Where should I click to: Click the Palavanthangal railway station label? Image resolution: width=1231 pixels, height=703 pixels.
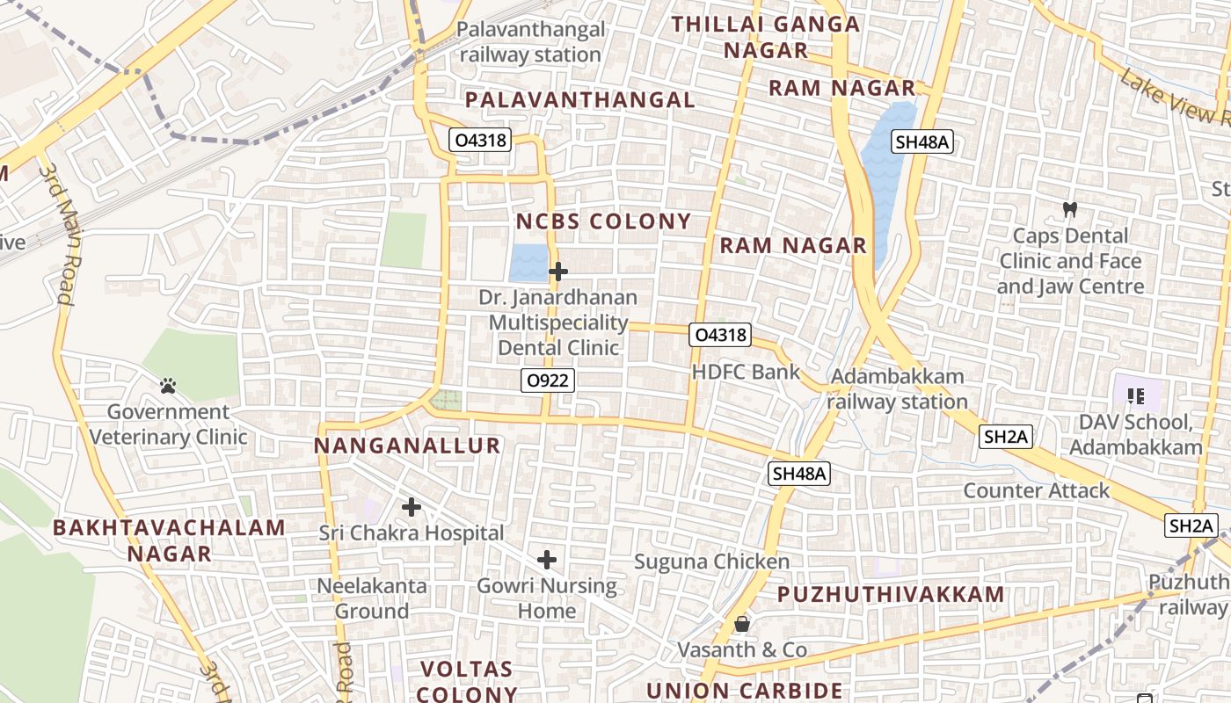531,42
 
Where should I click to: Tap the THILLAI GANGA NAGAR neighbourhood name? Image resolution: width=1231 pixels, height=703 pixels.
766,37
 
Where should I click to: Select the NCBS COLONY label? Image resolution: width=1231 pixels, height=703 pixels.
603,221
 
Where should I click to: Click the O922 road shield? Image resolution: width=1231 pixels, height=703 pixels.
547,380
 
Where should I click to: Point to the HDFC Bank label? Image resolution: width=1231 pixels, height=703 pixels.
746,372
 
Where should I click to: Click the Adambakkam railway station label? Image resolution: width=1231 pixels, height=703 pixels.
897,388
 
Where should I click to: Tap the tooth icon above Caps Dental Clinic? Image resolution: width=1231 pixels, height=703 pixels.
1070,209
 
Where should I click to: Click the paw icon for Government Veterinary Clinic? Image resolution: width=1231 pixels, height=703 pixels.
168,385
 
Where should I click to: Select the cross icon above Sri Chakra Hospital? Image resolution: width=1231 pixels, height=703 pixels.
411,507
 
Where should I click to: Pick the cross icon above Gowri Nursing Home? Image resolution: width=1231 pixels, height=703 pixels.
547,560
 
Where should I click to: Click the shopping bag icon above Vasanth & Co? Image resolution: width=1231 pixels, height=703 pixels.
742,624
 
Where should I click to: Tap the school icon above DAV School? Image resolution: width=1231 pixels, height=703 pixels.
1135,396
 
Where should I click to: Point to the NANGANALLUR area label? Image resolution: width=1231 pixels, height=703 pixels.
407,446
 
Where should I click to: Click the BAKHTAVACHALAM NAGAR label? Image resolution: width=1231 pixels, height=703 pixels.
170,540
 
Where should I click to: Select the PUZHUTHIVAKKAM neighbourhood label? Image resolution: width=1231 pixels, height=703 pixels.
891,595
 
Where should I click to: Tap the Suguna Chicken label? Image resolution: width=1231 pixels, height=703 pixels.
712,561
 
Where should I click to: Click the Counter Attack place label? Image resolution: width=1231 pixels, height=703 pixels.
1037,490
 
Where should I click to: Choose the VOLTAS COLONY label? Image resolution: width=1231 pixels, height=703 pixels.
467,681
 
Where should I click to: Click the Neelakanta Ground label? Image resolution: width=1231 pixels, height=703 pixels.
372,598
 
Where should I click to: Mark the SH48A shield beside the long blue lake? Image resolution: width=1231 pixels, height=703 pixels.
922,141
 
